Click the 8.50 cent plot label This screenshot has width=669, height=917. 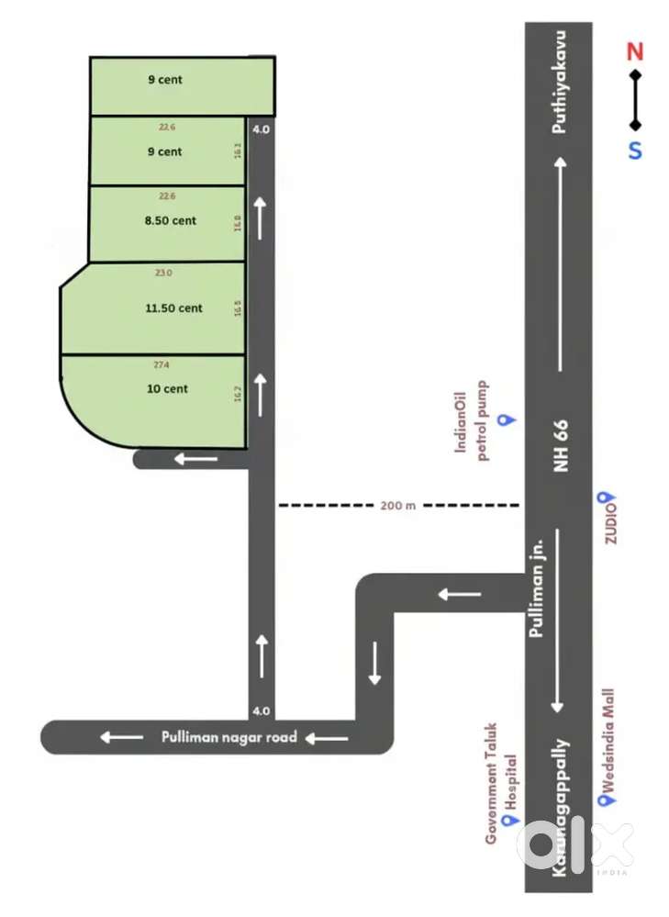(171, 220)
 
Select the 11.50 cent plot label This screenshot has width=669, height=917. (173, 308)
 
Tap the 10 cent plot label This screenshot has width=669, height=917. (167, 388)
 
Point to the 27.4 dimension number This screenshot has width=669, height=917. (161, 364)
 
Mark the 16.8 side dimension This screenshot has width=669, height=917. (238, 222)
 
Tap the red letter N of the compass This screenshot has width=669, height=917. (635, 52)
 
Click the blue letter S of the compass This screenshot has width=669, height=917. (635, 150)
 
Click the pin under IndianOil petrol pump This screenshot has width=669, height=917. (503, 420)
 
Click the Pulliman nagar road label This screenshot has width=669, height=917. (229, 736)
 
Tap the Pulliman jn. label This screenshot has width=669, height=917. (539, 587)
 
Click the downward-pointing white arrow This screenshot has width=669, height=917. (374, 663)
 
